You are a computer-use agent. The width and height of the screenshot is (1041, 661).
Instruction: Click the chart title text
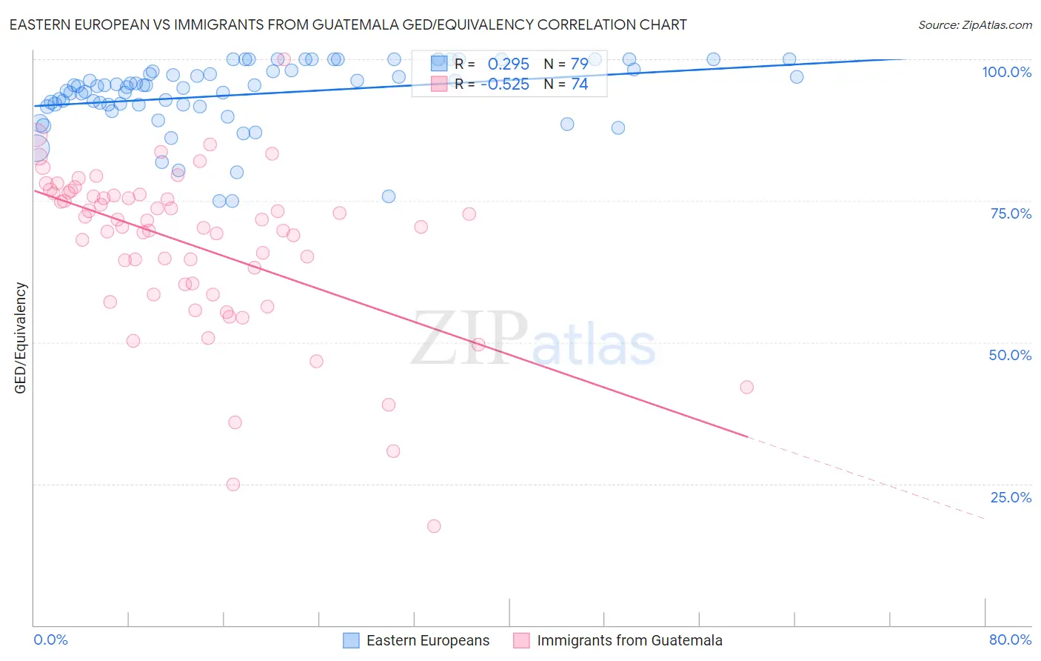(348, 24)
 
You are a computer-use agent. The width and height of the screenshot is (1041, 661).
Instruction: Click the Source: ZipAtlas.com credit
(974, 24)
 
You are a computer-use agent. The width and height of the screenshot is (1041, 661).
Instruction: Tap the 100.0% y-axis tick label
(1006, 72)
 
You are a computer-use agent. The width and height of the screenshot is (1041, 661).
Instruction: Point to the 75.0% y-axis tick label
(1011, 213)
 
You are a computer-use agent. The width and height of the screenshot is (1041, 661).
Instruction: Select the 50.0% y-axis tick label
(1010, 355)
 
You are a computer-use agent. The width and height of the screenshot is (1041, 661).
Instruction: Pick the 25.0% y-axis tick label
(1011, 497)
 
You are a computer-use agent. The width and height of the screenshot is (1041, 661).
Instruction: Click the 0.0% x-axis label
(50, 640)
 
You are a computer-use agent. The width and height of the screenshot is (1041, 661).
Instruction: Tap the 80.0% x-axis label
(1010, 640)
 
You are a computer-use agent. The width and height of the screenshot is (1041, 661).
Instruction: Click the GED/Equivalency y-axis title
(21, 338)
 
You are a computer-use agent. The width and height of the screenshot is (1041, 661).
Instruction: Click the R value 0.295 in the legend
(508, 64)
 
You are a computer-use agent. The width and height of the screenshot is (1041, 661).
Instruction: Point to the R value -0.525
(504, 84)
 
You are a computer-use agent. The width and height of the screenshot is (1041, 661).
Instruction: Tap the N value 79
(578, 64)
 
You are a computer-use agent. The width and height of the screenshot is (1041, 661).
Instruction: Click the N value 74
(578, 84)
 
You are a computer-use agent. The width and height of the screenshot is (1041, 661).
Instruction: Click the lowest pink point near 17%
(434, 526)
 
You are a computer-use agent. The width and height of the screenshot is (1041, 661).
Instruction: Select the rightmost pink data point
(746, 388)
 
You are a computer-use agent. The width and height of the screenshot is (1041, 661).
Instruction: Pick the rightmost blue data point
(797, 77)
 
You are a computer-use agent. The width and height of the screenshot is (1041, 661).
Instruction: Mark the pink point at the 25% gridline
(232, 485)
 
